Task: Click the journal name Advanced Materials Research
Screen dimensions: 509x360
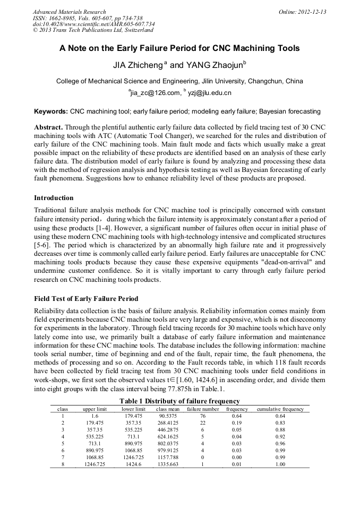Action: (x=70, y=12)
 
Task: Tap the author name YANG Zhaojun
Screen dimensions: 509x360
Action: (x=208, y=66)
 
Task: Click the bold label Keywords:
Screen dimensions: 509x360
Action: (x=51, y=111)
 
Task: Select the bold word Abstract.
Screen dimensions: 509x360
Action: (x=49, y=128)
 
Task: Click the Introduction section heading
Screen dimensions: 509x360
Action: (x=54, y=198)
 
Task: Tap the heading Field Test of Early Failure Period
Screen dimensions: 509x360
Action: (x=87, y=298)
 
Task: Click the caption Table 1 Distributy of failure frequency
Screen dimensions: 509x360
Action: (x=179, y=401)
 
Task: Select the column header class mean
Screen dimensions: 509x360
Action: (x=168, y=409)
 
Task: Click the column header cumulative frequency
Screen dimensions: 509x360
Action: (x=280, y=409)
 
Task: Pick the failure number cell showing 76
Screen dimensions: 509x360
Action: (x=203, y=416)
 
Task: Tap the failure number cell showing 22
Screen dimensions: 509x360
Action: (x=203, y=423)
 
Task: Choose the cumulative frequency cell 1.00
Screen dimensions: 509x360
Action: (x=280, y=464)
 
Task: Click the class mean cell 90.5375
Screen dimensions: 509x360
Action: (x=168, y=416)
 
